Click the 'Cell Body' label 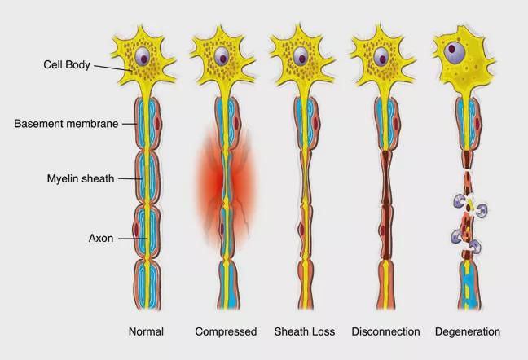tap(67, 64)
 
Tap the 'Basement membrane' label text tap(66, 124)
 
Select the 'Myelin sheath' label tap(81, 178)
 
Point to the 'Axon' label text tap(101, 239)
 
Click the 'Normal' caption tap(146, 331)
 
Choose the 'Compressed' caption tap(226, 331)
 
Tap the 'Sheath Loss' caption tap(305, 331)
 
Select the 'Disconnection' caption tap(385, 331)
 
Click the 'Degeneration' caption tap(468, 331)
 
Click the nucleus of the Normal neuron tap(143, 56)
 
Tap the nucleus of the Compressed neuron tap(222, 56)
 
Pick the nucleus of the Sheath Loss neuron tap(301, 56)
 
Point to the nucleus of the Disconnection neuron tap(381, 56)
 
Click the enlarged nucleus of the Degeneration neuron tap(454, 53)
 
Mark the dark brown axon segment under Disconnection tap(386, 205)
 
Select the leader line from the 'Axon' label tap(133, 239)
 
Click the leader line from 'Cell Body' tap(112, 68)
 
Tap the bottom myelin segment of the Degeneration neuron tap(469, 285)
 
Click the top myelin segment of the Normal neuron tap(147, 124)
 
